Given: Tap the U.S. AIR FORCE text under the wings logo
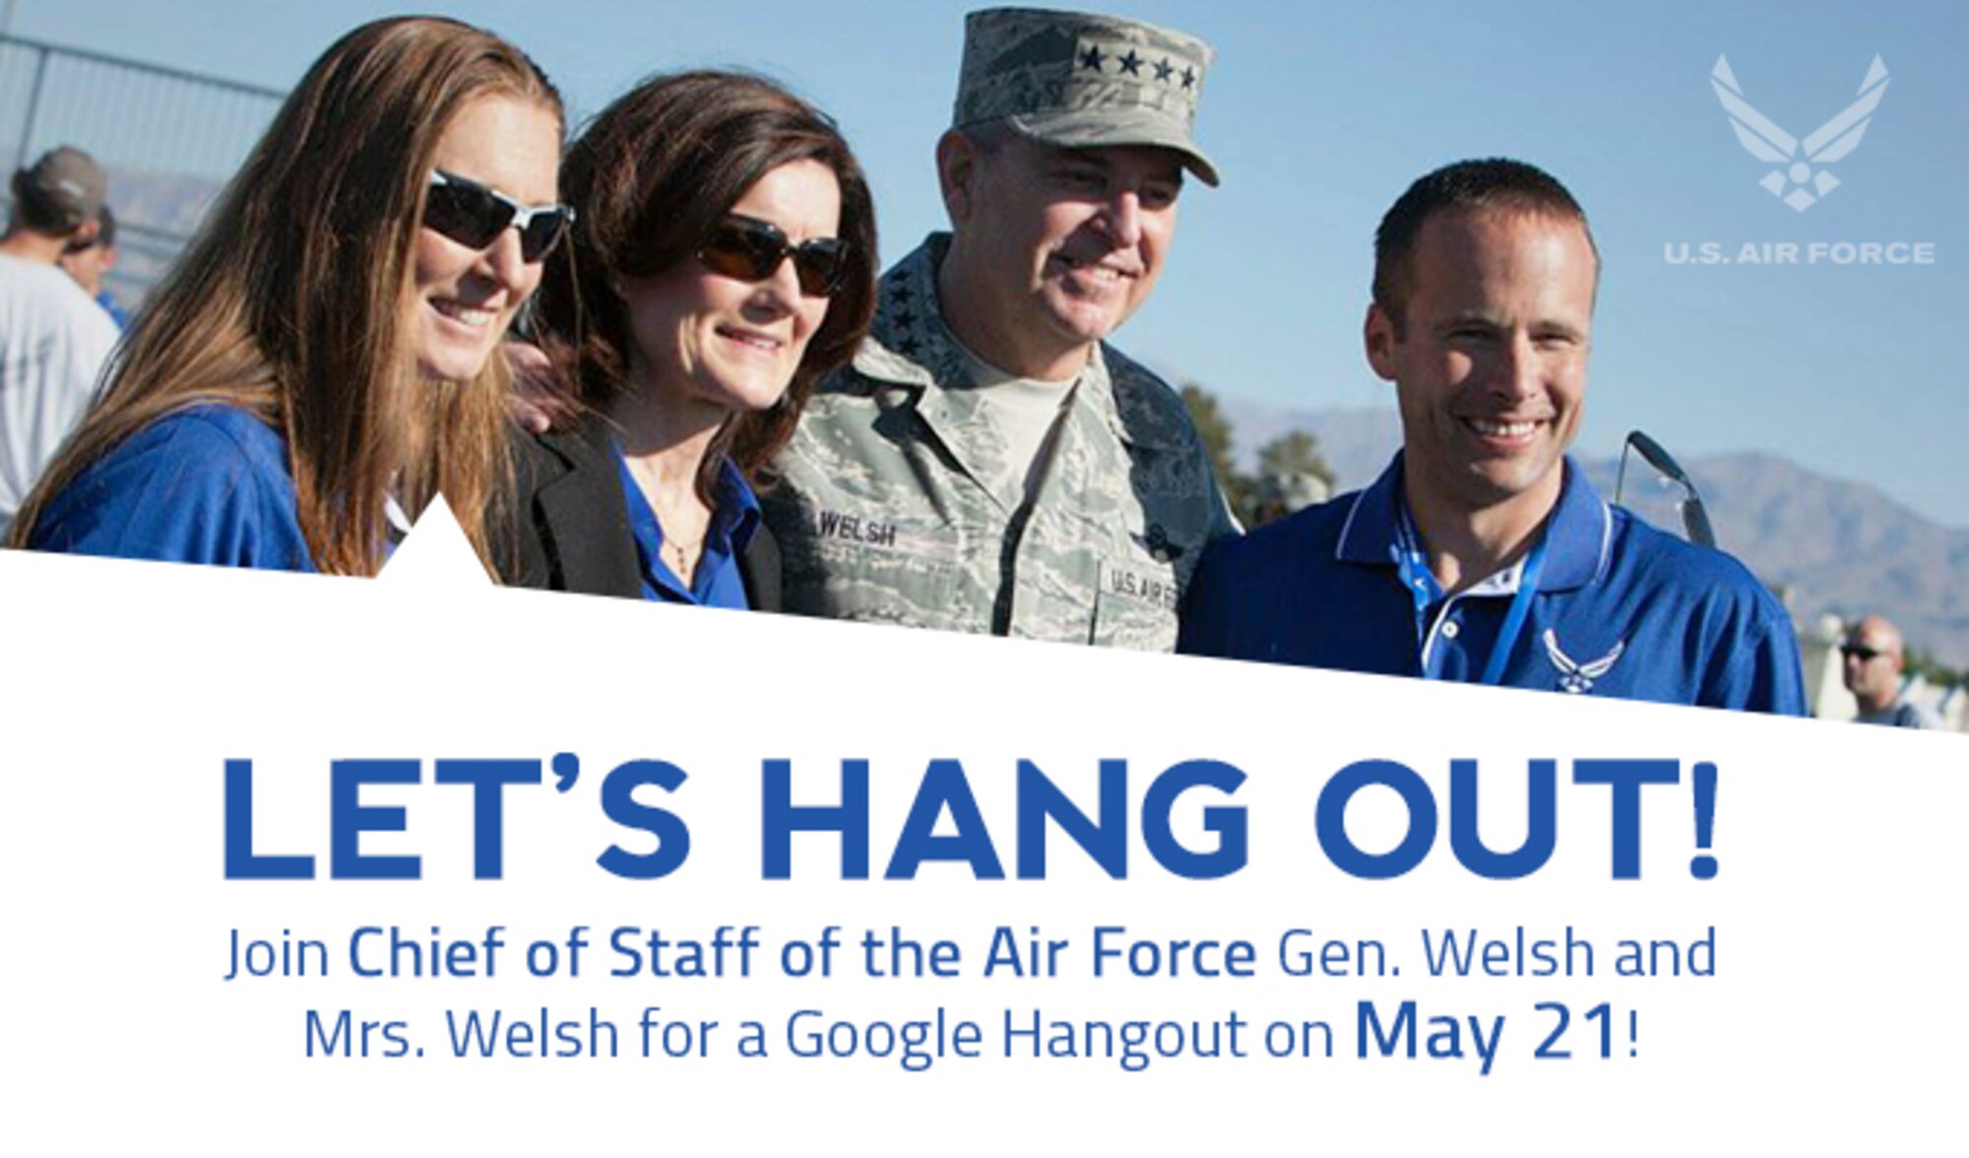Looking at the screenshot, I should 1799,254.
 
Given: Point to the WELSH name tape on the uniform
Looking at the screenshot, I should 857,535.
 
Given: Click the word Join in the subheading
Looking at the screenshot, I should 281,954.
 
